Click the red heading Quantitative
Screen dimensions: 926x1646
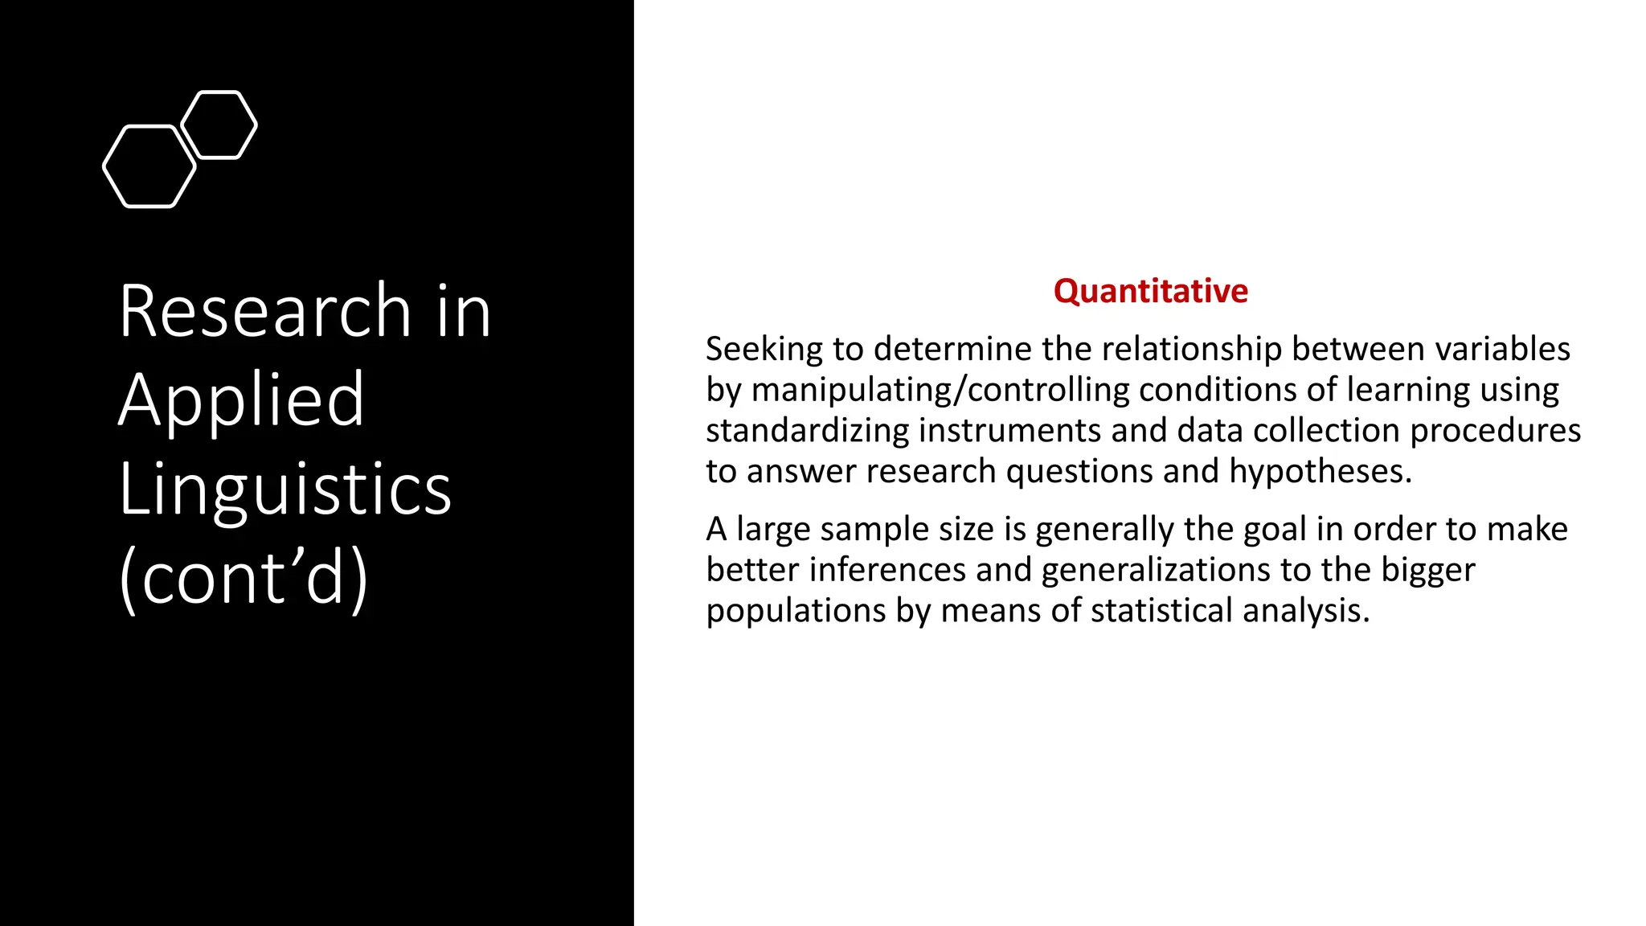point(1150,291)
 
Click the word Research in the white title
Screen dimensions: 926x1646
point(265,311)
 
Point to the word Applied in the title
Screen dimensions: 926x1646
point(241,399)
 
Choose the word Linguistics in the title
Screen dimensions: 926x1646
point(285,489)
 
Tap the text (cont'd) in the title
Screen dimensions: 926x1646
point(244,577)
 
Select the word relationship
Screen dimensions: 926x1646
point(1192,350)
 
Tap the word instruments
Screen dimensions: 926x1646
point(1010,431)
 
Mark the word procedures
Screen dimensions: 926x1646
point(1495,431)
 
